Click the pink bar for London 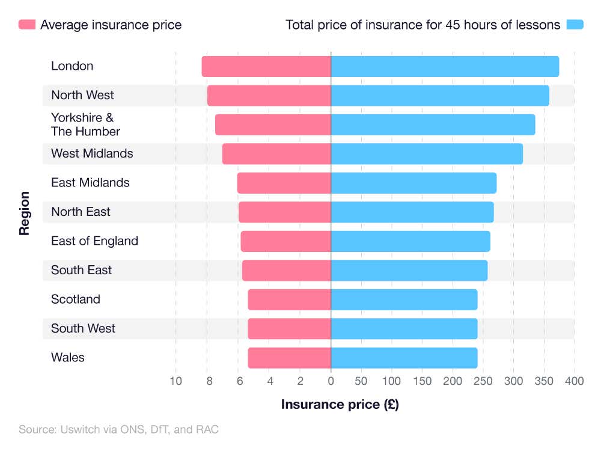coord(266,66)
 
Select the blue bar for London coord(445,66)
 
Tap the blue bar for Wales coord(404,358)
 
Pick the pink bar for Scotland coord(289,299)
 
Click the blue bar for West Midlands coord(427,154)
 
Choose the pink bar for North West coord(269,96)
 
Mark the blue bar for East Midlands coord(413,183)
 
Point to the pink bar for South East coord(286,271)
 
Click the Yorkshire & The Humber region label coord(85,124)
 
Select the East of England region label coord(94,241)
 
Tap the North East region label coord(81,212)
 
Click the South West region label coord(83,328)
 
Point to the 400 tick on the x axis coord(574,381)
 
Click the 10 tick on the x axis coord(175,381)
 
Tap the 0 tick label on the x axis coord(331,381)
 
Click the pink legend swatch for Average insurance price coord(27,25)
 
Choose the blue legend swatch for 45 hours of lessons coord(575,25)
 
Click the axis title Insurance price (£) coord(340,404)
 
